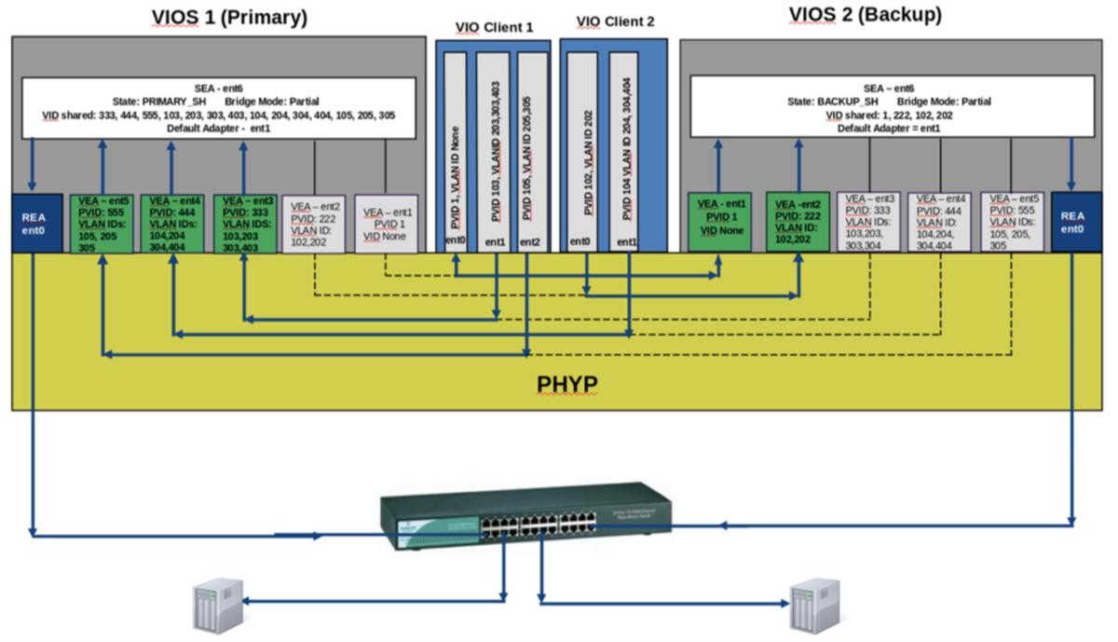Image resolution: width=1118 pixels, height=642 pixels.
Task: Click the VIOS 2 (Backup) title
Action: [865, 15]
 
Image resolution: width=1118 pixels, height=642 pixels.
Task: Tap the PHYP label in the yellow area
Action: [566, 384]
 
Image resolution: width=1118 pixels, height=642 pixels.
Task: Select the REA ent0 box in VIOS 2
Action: [1071, 223]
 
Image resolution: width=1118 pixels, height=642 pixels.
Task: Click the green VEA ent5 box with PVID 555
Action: [102, 224]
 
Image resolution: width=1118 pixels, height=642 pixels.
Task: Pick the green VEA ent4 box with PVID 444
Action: [171, 224]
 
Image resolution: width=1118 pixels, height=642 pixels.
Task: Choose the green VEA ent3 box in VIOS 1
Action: [243, 224]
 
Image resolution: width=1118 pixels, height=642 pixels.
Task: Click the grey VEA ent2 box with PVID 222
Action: [314, 224]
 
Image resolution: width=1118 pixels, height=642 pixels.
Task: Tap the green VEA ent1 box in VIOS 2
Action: [719, 222]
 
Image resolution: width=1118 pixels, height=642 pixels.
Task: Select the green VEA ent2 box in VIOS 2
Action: [797, 222]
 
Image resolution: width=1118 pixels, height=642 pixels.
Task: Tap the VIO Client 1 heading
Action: [494, 27]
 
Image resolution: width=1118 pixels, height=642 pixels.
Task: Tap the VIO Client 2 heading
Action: [615, 22]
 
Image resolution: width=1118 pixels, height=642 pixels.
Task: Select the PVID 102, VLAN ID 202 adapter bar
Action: [587, 149]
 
